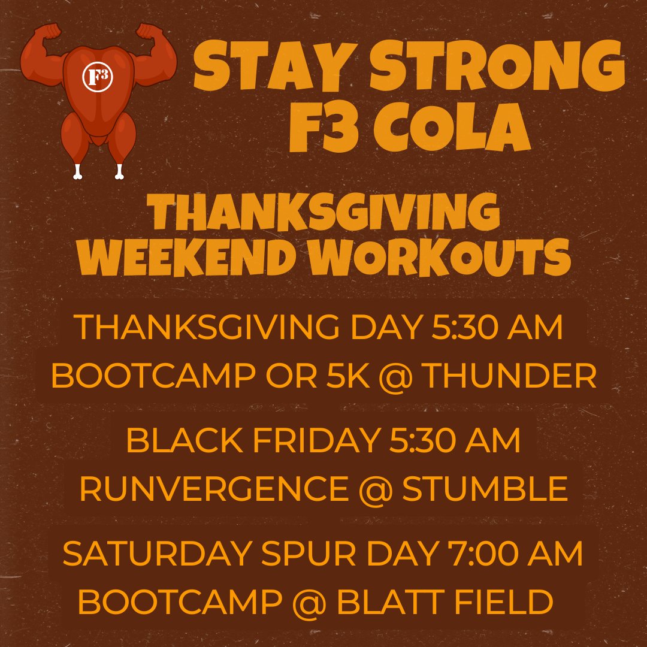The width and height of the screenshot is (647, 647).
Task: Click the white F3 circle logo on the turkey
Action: (x=98, y=76)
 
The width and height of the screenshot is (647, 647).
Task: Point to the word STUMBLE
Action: (x=484, y=491)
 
